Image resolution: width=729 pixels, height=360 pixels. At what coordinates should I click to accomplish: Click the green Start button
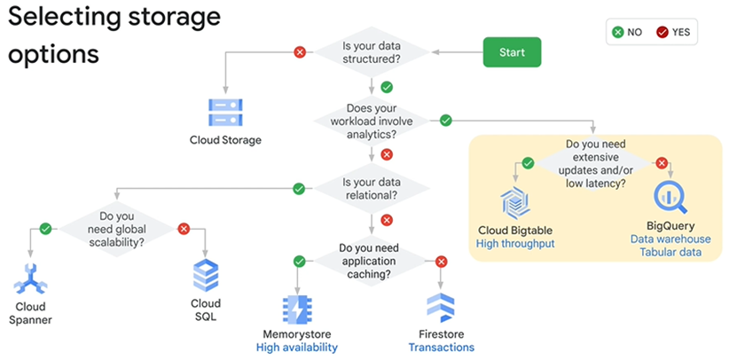(512, 52)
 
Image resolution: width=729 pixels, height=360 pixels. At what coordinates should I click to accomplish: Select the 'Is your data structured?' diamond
(371, 52)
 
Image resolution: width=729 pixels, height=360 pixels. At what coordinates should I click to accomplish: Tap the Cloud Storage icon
(225, 113)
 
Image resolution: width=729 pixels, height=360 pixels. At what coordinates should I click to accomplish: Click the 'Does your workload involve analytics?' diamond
(371, 120)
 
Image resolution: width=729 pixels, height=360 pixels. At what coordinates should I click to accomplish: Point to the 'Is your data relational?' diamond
(371, 188)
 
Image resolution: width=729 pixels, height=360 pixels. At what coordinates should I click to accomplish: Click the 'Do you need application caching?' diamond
(371, 262)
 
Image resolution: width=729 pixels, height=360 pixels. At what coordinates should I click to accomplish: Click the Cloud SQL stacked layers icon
(205, 277)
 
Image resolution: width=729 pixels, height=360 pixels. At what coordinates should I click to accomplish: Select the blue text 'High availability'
(296, 347)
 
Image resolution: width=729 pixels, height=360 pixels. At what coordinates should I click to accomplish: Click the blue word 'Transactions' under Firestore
(441, 347)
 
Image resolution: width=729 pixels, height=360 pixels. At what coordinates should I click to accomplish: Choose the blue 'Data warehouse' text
(670, 239)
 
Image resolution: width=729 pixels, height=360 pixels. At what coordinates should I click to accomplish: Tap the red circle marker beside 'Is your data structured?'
(300, 52)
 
